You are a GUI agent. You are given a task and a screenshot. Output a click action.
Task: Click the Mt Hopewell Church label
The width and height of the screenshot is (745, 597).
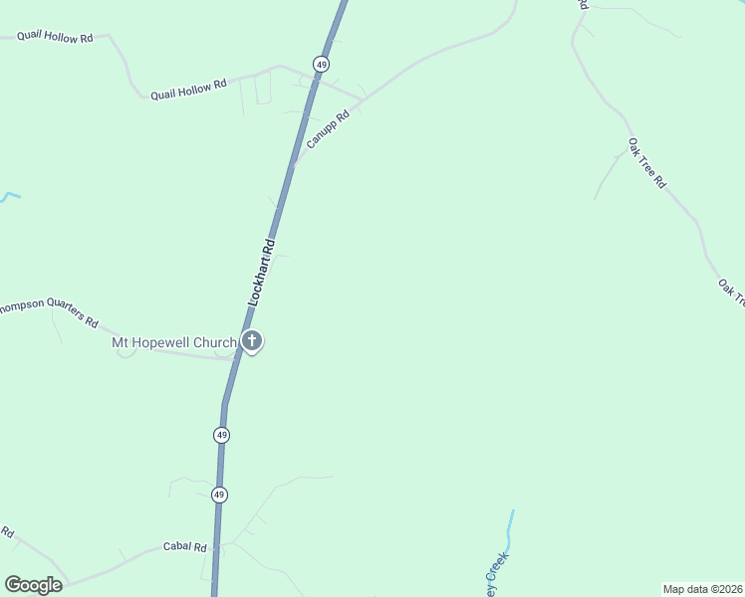click(173, 344)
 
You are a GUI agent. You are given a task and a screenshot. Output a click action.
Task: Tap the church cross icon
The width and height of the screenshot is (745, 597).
click(252, 341)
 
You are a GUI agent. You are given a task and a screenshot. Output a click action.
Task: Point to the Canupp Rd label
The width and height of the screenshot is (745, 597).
click(328, 129)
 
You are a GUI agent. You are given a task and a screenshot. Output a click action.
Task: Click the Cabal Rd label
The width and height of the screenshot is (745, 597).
click(184, 547)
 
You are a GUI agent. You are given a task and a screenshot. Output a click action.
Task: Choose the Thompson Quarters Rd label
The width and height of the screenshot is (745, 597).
click(48, 312)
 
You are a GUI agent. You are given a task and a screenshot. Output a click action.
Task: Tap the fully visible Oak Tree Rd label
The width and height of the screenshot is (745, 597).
click(646, 164)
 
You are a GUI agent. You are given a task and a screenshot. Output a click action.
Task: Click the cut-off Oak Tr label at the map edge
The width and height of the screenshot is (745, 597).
click(731, 292)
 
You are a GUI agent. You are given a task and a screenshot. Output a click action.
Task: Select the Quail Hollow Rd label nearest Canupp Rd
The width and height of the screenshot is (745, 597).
click(188, 90)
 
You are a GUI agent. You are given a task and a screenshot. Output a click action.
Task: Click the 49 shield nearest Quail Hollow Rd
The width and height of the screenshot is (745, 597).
click(321, 64)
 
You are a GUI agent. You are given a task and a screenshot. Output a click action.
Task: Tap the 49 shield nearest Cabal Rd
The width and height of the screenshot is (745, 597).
click(219, 495)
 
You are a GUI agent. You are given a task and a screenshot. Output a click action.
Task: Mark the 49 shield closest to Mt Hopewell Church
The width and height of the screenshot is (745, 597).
click(221, 435)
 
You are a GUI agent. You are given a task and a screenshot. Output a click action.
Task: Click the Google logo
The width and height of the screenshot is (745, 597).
click(33, 585)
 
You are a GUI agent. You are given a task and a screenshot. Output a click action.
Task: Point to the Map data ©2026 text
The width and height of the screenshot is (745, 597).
click(702, 588)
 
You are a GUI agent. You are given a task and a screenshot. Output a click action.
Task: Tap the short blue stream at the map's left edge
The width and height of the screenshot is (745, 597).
click(9, 196)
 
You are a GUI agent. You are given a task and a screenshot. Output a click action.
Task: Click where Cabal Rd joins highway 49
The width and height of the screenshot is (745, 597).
click(218, 545)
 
